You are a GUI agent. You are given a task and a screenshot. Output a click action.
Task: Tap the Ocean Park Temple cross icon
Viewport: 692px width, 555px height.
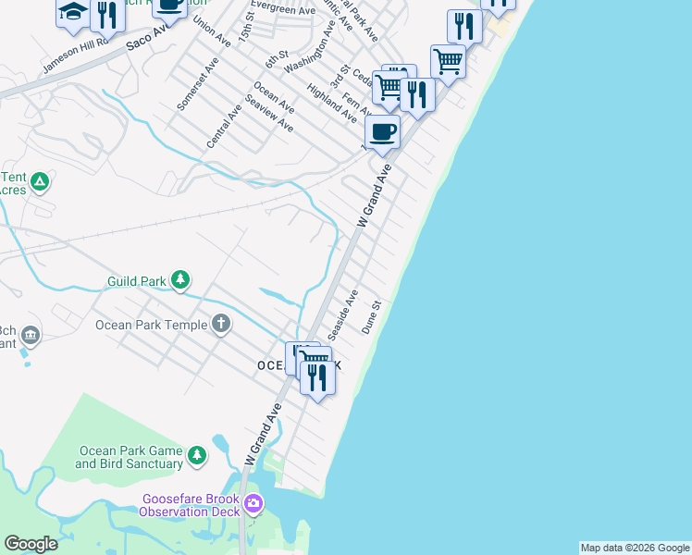coord(220,324)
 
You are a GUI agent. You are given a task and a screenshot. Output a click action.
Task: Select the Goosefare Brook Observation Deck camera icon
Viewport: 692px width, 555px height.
coord(253,505)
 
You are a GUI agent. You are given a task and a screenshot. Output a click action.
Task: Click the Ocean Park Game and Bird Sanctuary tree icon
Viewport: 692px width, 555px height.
coord(196,456)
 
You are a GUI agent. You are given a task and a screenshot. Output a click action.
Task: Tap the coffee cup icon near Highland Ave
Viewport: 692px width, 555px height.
coord(382,131)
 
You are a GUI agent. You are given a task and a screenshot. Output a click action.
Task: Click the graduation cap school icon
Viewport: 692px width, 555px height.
coord(72,12)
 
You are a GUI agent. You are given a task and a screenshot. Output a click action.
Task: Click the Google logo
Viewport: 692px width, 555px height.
coord(31,544)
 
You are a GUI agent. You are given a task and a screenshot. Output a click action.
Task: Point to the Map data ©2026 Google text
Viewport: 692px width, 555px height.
coord(635,548)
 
